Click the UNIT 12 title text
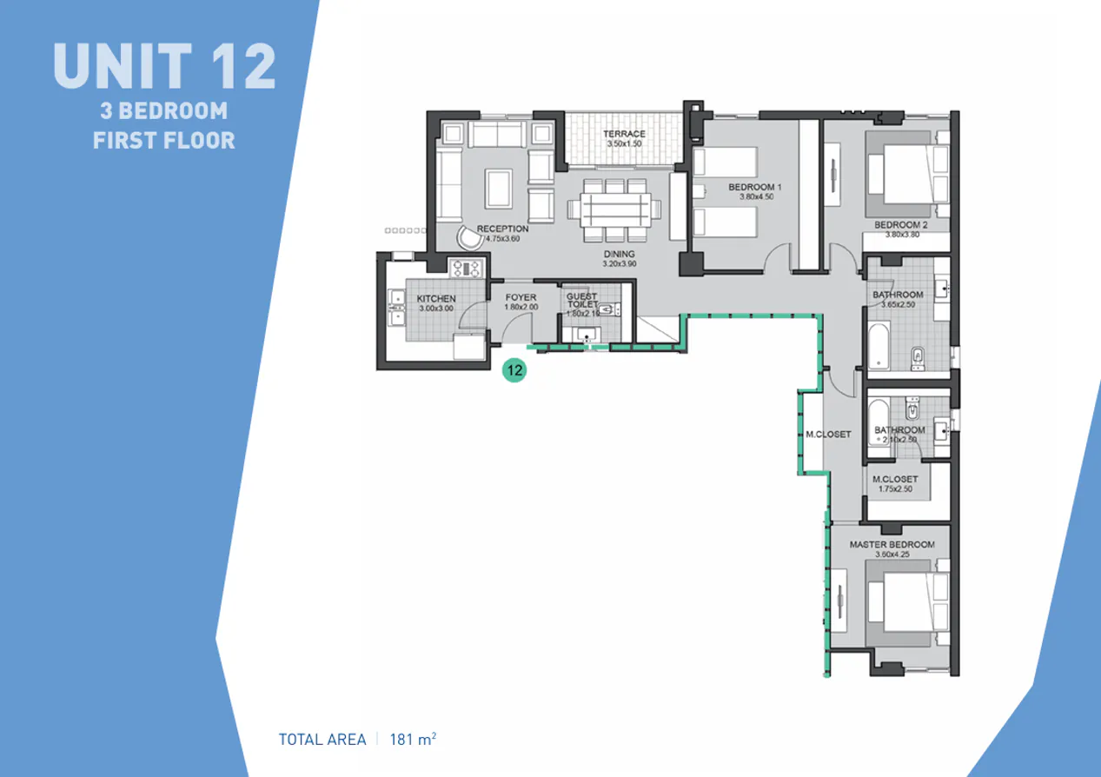click(164, 66)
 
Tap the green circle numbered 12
click(514, 369)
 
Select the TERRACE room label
click(625, 134)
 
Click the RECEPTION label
click(502, 229)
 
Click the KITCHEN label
click(436, 299)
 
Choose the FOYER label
click(521, 297)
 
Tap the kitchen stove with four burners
click(465, 268)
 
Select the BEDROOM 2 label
click(901, 224)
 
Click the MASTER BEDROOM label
click(892, 545)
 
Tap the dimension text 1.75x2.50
click(895, 490)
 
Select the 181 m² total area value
click(413, 740)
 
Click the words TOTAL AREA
click(322, 740)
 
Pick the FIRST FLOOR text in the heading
click(163, 139)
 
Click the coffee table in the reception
click(498, 185)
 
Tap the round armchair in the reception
click(468, 236)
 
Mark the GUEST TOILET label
click(581, 300)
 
